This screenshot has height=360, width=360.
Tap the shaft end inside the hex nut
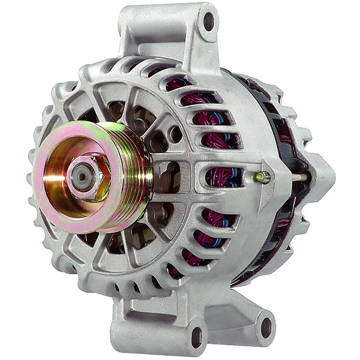(x=80, y=176)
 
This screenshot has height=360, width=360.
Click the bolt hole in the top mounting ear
(x=208, y=22)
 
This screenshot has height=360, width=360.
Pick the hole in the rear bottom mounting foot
(x=264, y=327)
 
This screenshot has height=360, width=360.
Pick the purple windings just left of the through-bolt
(x=225, y=177)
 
